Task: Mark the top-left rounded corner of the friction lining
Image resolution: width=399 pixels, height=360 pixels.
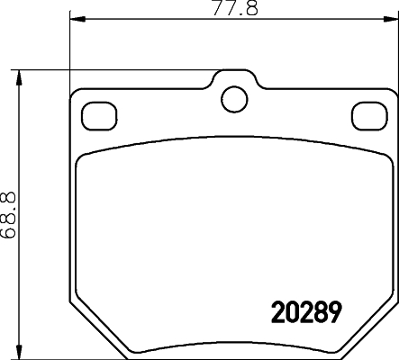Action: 84,160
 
